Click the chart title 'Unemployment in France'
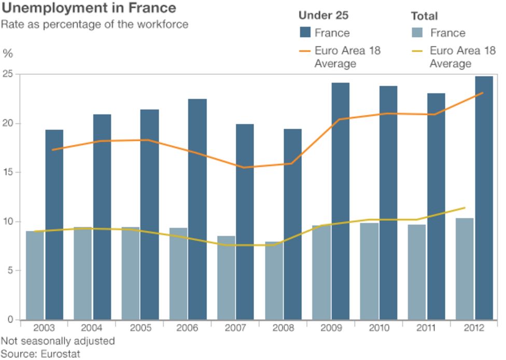89,8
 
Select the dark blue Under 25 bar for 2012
484,198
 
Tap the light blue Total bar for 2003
35,275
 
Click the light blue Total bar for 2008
274,280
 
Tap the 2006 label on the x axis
187,328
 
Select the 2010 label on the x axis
378,328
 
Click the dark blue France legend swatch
305,33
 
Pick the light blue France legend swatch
417,33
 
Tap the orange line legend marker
305,51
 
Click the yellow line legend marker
417,51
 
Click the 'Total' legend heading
424,16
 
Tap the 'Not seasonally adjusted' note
57,341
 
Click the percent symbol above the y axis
7,53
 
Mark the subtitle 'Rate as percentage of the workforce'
94,24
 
